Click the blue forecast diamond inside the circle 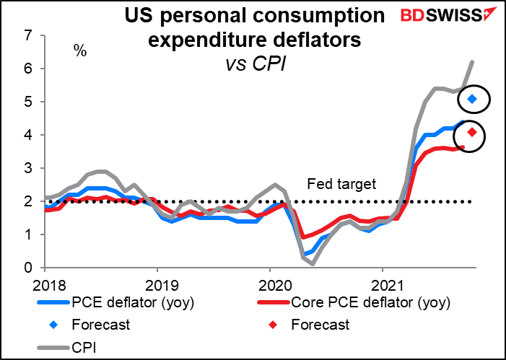472,98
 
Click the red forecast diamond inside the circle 472,132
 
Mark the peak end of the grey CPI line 472,62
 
